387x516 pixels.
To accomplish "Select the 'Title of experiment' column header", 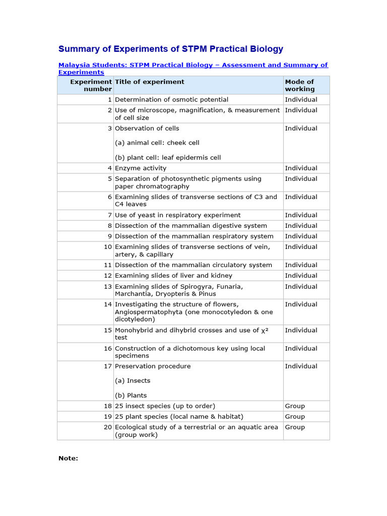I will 150,82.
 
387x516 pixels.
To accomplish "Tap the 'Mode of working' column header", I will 299,85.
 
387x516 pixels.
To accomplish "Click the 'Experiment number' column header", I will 91,85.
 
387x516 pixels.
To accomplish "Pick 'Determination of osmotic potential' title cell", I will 171,100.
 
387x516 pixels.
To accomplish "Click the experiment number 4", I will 109,168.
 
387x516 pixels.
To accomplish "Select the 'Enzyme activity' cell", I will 141,168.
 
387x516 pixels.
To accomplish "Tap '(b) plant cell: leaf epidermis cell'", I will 168,158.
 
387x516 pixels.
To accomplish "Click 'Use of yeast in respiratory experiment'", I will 177,215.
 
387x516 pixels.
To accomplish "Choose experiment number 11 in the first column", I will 108,265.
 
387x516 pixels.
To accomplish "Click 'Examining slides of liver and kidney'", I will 173,276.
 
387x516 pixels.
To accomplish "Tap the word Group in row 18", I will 295,406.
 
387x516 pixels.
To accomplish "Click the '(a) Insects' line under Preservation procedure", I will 133,381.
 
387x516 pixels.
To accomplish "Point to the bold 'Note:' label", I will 68,459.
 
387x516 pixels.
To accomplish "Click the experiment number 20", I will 108,427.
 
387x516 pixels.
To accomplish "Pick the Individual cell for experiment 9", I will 301,236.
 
